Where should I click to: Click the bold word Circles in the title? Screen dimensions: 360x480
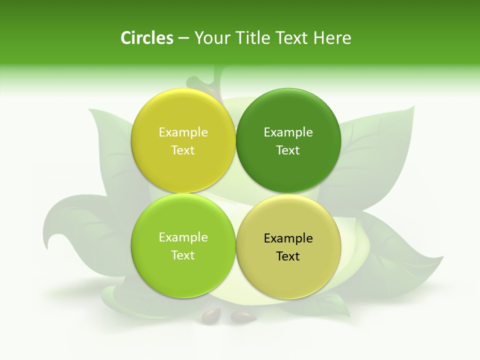pyautogui.click(x=147, y=38)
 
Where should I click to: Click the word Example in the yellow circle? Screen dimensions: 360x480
pyautogui.click(x=183, y=132)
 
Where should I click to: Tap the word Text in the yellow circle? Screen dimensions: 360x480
pyautogui.click(x=183, y=150)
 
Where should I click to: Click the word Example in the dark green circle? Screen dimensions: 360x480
pyautogui.click(x=288, y=132)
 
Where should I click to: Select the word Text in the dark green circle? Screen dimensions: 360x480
pyautogui.click(x=288, y=150)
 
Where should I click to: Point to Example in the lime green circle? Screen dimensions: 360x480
pyautogui.click(x=183, y=237)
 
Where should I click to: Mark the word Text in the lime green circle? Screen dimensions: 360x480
pyautogui.click(x=183, y=255)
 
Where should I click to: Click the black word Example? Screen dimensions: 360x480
pyautogui.click(x=288, y=238)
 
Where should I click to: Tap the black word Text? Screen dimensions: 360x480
pyautogui.click(x=288, y=256)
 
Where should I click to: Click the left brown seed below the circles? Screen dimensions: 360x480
pyautogui.click(x=211, y=315)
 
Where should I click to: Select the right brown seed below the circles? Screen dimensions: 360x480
pyautogui.click(x=243, y=316)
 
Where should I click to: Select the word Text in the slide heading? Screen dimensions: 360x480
pyautogui.click(x=292, y=38)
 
